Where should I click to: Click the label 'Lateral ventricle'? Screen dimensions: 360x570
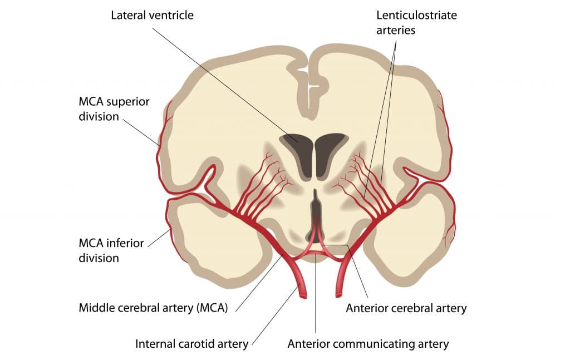coord(152,15)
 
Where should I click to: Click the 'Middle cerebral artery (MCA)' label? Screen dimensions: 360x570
coord(154,308)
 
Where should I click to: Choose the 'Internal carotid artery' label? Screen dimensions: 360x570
coord(191,343)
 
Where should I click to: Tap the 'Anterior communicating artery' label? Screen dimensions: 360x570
coord(368,343)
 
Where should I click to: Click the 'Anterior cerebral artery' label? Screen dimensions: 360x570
coord(406,308)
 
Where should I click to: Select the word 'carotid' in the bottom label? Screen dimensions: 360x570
coord(197,343)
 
